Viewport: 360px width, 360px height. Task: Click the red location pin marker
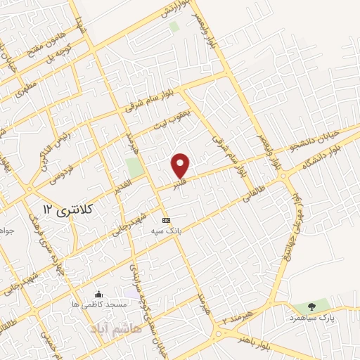181,165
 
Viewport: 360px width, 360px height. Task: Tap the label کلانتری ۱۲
67,209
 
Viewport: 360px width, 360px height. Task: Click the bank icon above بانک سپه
165,219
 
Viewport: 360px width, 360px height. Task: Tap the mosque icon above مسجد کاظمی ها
98,294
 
